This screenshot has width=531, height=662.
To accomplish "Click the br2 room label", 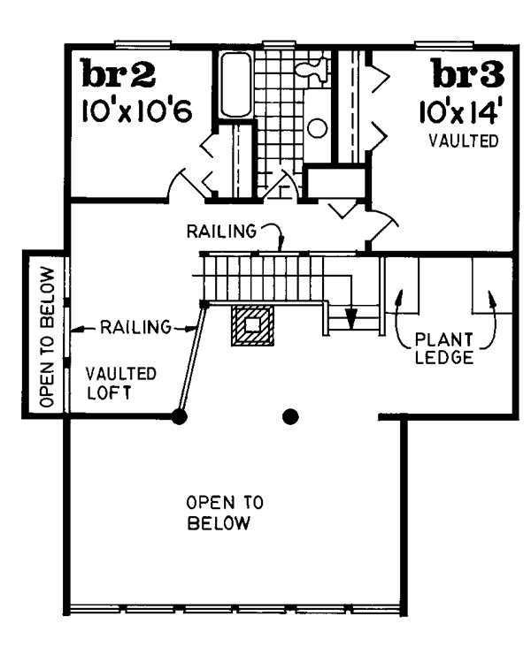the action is pyautogui.click(x=119, y=73).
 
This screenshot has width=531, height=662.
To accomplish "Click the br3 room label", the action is pyautogui.click(x=468, y=73).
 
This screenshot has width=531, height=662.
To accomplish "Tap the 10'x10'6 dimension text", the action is pyautogui.click(x=136, y=111).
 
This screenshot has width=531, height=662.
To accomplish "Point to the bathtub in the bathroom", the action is pyautogui.click(x=236, y=85).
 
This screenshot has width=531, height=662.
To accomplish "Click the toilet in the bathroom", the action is pyautogui.click(x=312, y=70).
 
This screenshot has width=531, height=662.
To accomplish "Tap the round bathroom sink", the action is pyautogui.click(x=317, y=128).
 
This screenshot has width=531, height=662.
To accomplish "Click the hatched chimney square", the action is pyautogui.click(x=252, y=325).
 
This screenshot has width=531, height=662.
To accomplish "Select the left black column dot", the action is pyautogui.click(x=180, y=416).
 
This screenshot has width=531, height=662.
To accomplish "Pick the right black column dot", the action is pyautogui.click(x=290, y=416).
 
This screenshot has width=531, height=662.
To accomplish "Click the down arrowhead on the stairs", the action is pyautogui.click(x=350, y=319).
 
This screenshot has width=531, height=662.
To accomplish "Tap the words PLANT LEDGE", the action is pyautogui.click(x=444, y=349).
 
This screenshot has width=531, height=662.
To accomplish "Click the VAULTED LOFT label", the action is pyautogui.click(x=121, y=384).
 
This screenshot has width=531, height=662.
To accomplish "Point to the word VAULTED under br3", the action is pyautogui.click(x=464, y=141).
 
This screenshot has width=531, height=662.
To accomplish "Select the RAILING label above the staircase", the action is pyautogui.click(x=221, y=232).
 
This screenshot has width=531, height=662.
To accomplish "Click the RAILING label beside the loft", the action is pyautogui.click(x=135, y=327).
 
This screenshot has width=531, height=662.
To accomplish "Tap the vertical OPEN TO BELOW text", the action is pyautogui.click(x=47, y=337).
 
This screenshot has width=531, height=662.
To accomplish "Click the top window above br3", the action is pyautogui.click(x=443, y=44).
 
